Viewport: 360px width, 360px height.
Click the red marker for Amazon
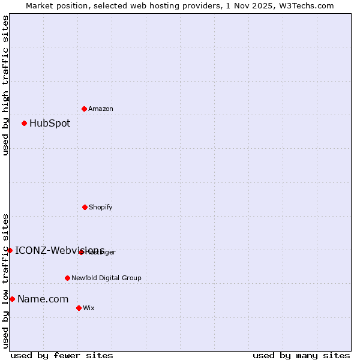[84, 109]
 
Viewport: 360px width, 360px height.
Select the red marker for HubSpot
[24, 123]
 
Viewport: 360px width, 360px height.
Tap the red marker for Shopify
[85, 207]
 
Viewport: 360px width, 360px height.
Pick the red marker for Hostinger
[81, 252]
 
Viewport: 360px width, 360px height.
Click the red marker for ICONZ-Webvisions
[10, 250]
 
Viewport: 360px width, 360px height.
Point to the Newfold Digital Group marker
[67, 278]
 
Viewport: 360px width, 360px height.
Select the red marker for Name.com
[12, 299]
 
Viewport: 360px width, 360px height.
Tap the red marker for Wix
[79, 308]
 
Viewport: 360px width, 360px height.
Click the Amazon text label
[101, 109]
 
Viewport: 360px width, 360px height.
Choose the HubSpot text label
[50, 124]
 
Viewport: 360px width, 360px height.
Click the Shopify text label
[101, 208]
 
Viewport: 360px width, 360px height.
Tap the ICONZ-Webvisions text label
[59, 250]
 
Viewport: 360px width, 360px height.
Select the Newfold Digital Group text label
[106, 278]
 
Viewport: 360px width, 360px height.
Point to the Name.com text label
[43, 299]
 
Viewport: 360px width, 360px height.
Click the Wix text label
[89, 308]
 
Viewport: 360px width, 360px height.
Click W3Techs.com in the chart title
[306, 5]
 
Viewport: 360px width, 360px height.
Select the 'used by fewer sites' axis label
[62, 355]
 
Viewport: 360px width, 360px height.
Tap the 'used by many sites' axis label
[301, 355]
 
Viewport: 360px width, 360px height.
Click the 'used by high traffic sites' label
[5, 85]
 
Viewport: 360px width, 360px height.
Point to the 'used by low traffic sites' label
[5, 281]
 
